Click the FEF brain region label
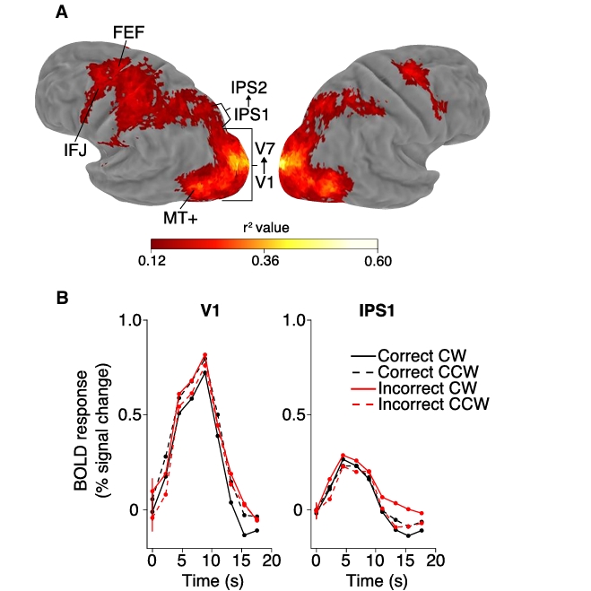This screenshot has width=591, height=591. pyautogui.click(x=127, y=32)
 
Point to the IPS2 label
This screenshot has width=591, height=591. pyautogui.click(x=248, y=88)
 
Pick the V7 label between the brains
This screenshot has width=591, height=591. pyautogui.click(x=265, y=146)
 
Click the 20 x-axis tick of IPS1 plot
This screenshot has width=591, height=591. pyautogui.click(x=436, y=561)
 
